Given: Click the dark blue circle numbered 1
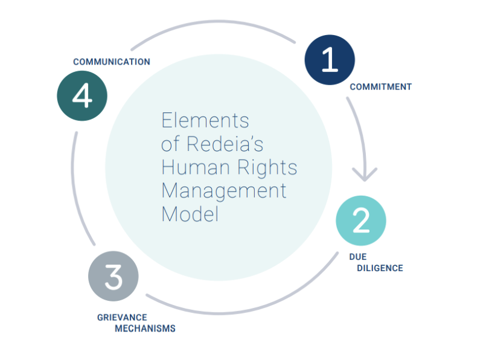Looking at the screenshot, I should click(330, 60).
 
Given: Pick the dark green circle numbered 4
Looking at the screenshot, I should click(82, 95).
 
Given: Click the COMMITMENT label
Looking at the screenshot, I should click(380, 87).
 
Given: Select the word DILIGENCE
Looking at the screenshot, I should click(380, 268).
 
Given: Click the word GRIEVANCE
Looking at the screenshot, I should click(122, 317).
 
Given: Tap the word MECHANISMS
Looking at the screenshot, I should click(145, 329).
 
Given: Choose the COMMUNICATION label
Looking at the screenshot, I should click(112, 62).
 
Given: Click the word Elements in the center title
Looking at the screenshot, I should click(205, 120).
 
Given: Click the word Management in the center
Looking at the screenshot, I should click(223, 191).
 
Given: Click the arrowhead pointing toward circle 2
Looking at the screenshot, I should click(365, 175).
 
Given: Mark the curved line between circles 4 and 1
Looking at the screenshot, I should click(211, 24).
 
